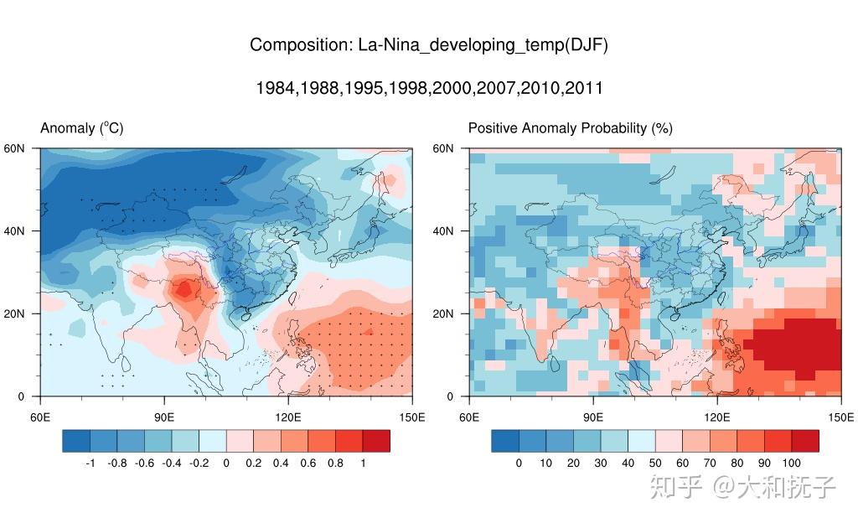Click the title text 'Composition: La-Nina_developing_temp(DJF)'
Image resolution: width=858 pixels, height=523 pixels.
428,45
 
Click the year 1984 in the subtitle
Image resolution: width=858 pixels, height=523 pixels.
275,88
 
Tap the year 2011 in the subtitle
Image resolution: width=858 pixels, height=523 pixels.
583,88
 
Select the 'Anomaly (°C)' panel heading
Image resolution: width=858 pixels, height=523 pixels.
82,128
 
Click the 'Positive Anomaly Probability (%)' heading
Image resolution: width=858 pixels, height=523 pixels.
570,128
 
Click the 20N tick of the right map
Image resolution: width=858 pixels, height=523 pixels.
443,313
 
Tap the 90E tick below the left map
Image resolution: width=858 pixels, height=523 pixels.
164,417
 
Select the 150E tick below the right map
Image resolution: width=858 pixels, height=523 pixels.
840,417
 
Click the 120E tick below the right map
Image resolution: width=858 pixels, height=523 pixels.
716,417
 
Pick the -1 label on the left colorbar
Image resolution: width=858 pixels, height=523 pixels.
90,463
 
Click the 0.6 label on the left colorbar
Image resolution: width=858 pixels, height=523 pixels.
308,463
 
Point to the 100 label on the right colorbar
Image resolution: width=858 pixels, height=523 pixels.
791,463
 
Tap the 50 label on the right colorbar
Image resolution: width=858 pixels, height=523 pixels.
655,463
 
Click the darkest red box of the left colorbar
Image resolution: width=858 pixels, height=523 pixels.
376,441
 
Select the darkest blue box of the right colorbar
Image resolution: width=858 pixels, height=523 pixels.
505,441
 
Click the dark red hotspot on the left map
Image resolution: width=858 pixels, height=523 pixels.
183,290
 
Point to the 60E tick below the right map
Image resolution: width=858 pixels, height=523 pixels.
469,417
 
